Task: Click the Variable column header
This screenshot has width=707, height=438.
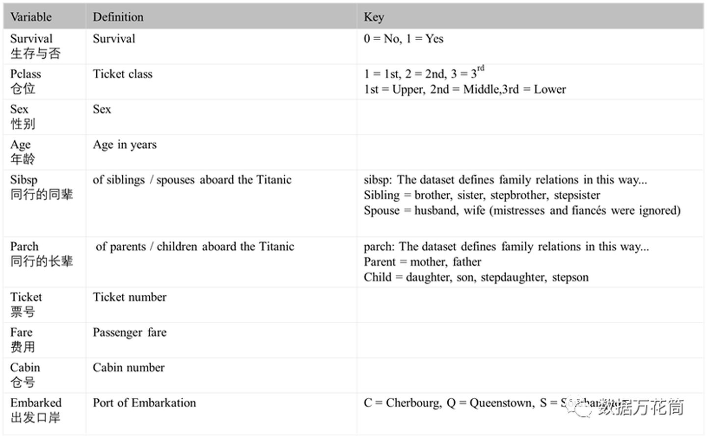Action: click(x=31, y=17)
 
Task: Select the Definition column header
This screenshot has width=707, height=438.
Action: click(x=118, y=17)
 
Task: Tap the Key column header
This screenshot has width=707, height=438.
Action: click(x=374, y=17)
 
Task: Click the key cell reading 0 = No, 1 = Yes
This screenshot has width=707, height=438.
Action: click(x=403, y=39)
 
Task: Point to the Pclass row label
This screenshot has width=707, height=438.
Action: click(x=26, y=74)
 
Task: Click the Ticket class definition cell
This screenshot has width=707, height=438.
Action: click(x=123, y=74)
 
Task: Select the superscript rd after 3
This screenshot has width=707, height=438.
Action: click(x=481, y=68)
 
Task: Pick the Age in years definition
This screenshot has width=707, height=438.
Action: click(x=125, y=145)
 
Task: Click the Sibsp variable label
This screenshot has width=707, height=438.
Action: click(x=24, y=180)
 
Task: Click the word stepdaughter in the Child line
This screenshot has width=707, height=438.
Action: click(x=513, y=277)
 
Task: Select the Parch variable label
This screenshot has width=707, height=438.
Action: click(x=24, y=246)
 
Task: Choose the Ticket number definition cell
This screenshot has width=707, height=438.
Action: click(x=130, y=297)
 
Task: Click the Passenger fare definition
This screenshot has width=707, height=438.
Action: click(x=130, y=333)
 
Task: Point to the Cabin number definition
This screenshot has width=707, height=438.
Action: click(x=129, y=368)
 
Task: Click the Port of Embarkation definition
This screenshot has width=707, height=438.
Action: click(x=144, y=403)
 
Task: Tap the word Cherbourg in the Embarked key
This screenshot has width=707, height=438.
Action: click(x=413, y=403)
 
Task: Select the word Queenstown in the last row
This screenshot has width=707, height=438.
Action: click(x=501, y=403)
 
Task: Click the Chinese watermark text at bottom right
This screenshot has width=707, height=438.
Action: click(x=640, y=407)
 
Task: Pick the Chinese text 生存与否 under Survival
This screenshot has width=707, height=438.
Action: click(x=35, y=53)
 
